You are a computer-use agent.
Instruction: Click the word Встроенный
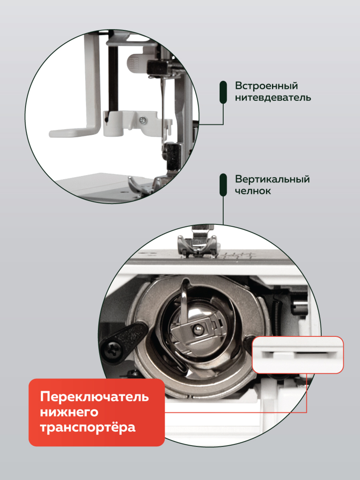pos(266,86)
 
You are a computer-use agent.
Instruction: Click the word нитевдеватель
pos(273,98)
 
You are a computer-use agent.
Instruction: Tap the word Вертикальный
pos(272,179)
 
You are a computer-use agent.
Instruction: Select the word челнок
pos(253,191)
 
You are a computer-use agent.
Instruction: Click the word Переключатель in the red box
pos(94,397)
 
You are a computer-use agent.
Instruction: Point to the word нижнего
pos(69,412)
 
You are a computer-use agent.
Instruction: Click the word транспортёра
pos(88,427)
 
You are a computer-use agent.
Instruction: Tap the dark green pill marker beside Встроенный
pos(223,92)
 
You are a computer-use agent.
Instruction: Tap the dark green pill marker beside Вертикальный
pos(223,185)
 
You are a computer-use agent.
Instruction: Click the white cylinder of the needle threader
pos(113,124)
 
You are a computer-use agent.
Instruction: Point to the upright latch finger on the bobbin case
pos(184,300)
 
